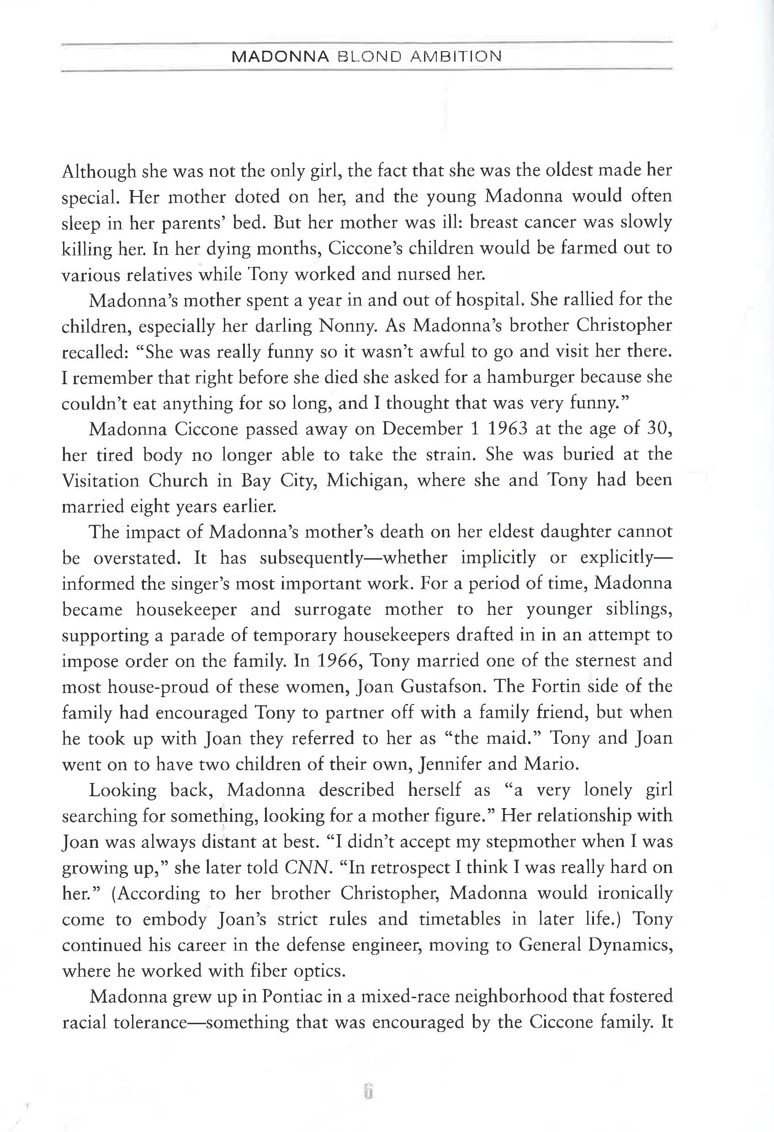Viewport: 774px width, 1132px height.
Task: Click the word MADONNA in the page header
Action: point(281,57)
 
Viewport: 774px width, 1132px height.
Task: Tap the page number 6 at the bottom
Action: point(368,1093)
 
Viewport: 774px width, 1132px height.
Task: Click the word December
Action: point(422,428)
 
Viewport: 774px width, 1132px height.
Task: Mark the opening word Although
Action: point(99,171)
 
